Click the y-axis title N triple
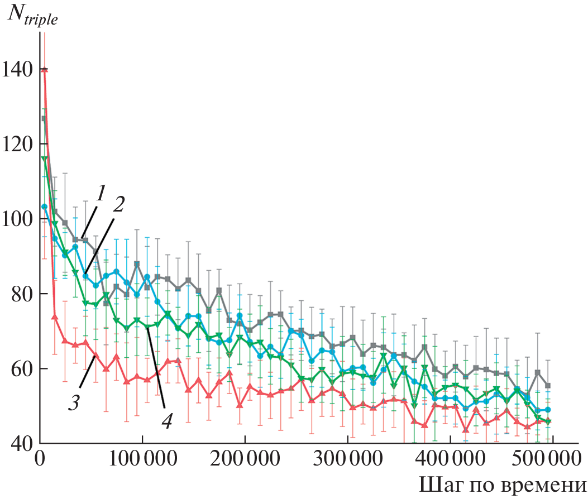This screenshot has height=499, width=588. tap(32, 16)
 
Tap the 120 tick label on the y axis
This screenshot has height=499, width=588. tap(17, 144)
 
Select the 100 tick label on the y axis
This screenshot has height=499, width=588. tap(17, 219)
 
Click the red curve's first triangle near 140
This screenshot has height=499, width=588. tap(44, 70)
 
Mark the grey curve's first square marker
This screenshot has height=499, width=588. tap(44, 118)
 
